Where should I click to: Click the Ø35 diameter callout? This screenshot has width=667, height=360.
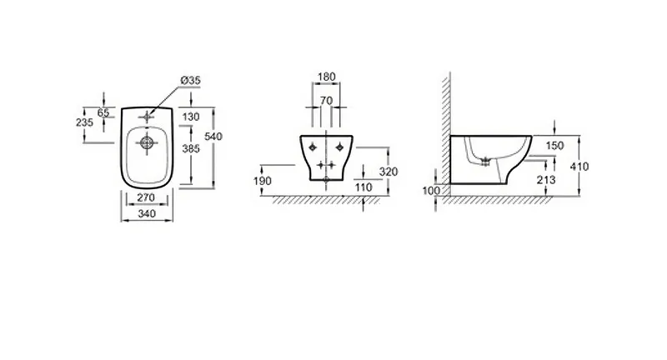click(x=191, y=80)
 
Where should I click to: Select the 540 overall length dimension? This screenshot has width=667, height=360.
click(x=213, y=137)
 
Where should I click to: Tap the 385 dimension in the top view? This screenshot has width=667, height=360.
click(x=191, y=149)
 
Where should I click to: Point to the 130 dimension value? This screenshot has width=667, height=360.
click(x=191, y=117)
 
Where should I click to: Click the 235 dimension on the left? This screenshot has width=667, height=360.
click(x=84, y=122)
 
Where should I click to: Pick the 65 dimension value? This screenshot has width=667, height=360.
click(x=103, y=112)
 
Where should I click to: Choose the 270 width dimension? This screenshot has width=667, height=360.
click(x=146, y=197)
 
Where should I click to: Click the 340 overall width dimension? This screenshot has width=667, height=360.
click(x=147, y=213)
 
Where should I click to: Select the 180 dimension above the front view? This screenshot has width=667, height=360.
click(x=327, y=77)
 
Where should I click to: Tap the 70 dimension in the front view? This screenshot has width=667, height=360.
click(x=326, y=101)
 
